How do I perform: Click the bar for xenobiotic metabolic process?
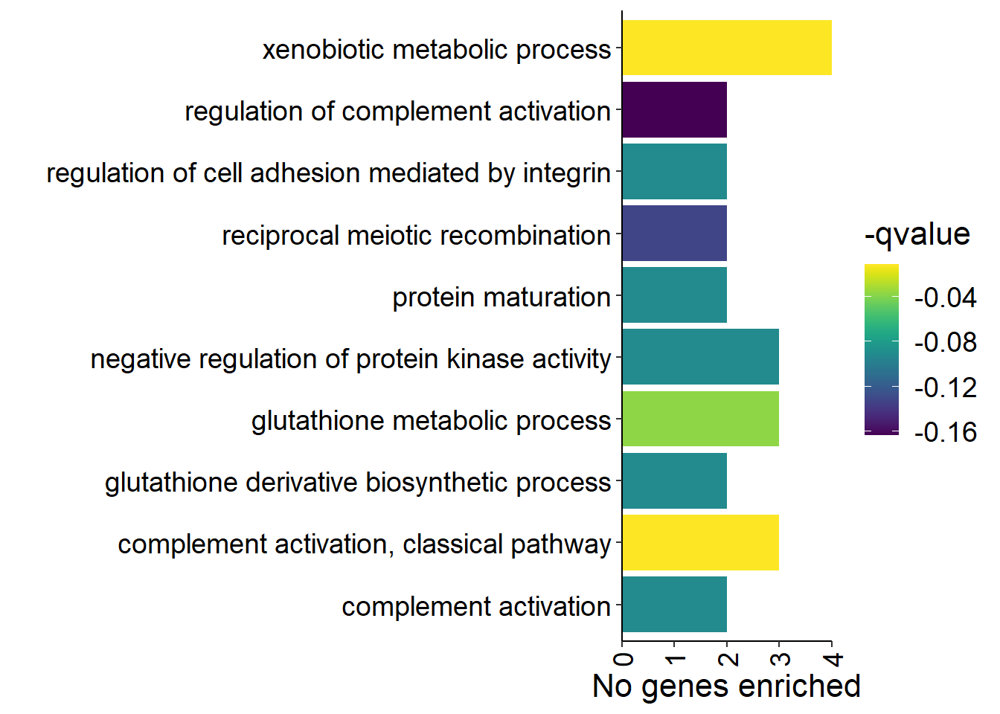[727, 48]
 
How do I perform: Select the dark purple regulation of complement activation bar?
[675, 110]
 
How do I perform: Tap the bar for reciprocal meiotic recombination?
[675, 233]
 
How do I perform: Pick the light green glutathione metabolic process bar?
[701, 419]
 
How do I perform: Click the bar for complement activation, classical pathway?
[701, 543]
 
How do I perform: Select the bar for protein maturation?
[675, 295]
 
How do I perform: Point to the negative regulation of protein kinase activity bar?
[701, 356]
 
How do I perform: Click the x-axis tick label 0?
[624, 659]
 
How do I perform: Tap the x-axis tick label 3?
[781, 659]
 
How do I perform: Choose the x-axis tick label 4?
[833, 659]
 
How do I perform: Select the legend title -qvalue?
[917, 234]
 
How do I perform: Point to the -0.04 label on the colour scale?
[945, 297]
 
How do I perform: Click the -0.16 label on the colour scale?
[945, 432]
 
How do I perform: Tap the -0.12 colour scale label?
[945, 387]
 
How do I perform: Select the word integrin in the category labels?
[566, 173]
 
